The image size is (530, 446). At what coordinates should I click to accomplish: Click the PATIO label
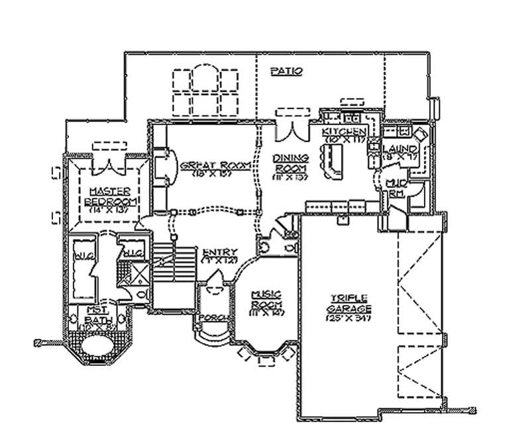[x=288, y=70]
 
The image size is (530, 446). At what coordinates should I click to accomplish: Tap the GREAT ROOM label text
[x=206, y=163]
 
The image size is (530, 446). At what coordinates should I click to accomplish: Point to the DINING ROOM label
[x=291, y=163]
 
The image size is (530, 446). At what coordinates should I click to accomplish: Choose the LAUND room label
[x=400, y=150]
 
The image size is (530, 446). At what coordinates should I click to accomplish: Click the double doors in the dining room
[x=290, y=128]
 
